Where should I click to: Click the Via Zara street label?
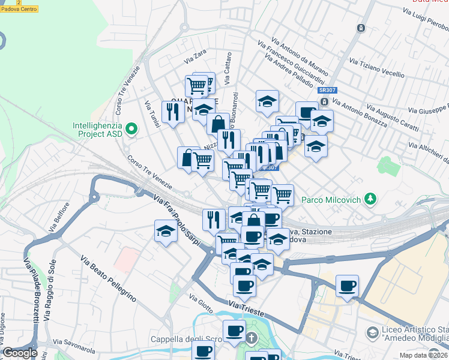[x=196, y=58]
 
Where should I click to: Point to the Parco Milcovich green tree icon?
[x=372, y=199]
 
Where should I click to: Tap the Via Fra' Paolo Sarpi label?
[x=173, y=210]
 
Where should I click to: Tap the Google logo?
[x=20, y=353]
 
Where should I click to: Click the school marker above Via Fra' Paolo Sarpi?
[x=166, y=231]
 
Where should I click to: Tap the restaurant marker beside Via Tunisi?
[x=173, y=112]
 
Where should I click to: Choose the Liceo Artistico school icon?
[x=372, y=332]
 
